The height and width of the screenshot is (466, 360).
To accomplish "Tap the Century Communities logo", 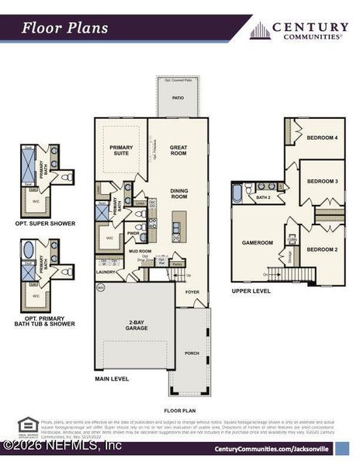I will point(299,30).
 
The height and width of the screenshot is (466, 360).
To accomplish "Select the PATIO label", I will point(178,98).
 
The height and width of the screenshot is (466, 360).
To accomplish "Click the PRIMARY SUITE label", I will point(121,150).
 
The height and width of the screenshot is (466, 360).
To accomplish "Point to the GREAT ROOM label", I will point(178,150).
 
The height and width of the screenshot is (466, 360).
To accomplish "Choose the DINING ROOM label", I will point(178,193).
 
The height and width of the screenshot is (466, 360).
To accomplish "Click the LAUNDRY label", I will point(106,273).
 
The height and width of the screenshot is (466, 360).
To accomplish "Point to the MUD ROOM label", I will point(140,252).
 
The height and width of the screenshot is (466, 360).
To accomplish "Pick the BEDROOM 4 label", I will point(322,137).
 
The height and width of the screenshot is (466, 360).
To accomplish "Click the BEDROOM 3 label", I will point(322,181).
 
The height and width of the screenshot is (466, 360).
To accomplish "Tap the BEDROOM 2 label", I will point(321,249).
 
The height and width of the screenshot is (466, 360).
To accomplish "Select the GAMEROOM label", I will point(257,242).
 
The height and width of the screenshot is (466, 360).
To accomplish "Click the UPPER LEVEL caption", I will point(251,291).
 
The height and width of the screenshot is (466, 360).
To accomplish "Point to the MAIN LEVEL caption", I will point(112,379).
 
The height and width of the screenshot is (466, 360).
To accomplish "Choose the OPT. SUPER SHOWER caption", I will point(46,224).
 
